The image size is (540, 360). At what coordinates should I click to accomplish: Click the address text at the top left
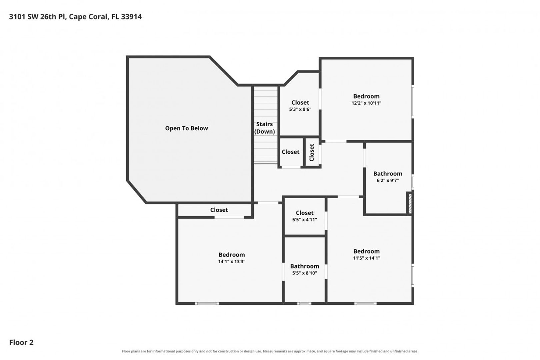tap(75, 17)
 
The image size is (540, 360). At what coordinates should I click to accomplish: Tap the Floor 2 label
tap(21, 342)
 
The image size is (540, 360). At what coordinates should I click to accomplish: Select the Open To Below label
tap(186, 128)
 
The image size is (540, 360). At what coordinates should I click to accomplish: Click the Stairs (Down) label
tap(264, 128)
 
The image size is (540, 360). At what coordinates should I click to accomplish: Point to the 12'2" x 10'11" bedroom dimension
tap(366, 103)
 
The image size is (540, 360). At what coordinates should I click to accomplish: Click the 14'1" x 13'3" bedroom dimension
tap(232, 262)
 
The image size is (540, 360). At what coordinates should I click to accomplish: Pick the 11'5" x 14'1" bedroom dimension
tap(366, 258)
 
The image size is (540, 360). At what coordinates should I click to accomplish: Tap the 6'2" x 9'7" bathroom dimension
tap(388, 180)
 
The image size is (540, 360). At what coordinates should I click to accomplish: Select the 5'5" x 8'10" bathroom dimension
tap(304, 273)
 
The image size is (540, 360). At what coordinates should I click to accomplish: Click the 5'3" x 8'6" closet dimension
tap(300, 109)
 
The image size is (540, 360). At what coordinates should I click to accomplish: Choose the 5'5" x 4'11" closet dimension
tap(304, 220)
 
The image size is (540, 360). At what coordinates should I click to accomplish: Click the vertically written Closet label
tap(312, 152)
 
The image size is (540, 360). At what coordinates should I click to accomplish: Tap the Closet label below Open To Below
tap(219, 210)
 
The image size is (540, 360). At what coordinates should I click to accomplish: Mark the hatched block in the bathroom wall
tap(410, 204)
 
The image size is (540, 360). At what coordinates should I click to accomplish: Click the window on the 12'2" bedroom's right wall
tap(412, 101)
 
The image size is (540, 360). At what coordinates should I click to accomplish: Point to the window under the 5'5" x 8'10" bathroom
tap(304, 303)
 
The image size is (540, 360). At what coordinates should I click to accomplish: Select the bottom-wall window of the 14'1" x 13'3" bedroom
tap(207, 303)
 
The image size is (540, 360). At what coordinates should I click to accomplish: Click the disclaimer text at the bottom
tap(270, 351)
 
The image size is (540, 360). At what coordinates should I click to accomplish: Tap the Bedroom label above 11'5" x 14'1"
tap(366, 251)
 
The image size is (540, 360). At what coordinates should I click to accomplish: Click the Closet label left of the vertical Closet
tap(290, 152)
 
